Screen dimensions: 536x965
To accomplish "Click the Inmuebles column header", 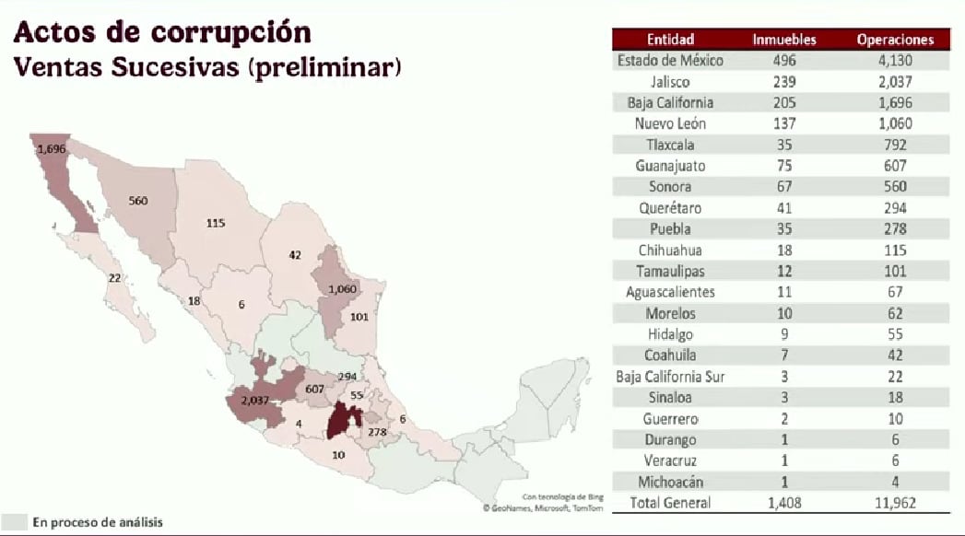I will (783, 40).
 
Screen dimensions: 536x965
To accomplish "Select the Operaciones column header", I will (895, 40).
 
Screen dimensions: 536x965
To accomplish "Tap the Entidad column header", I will (670, 40).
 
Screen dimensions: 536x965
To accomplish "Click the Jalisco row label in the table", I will (670, 81).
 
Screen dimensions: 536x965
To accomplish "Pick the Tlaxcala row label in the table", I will (670, 145).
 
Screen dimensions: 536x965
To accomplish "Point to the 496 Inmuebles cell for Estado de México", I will (783, 61).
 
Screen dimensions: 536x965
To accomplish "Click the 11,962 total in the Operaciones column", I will (895, 503).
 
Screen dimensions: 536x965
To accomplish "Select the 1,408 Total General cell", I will (783, 503).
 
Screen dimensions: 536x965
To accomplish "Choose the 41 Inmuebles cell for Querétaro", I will (783, 208).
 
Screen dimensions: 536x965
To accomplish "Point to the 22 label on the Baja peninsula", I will (114, 277).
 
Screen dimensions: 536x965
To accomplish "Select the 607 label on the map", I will (315, 389).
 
